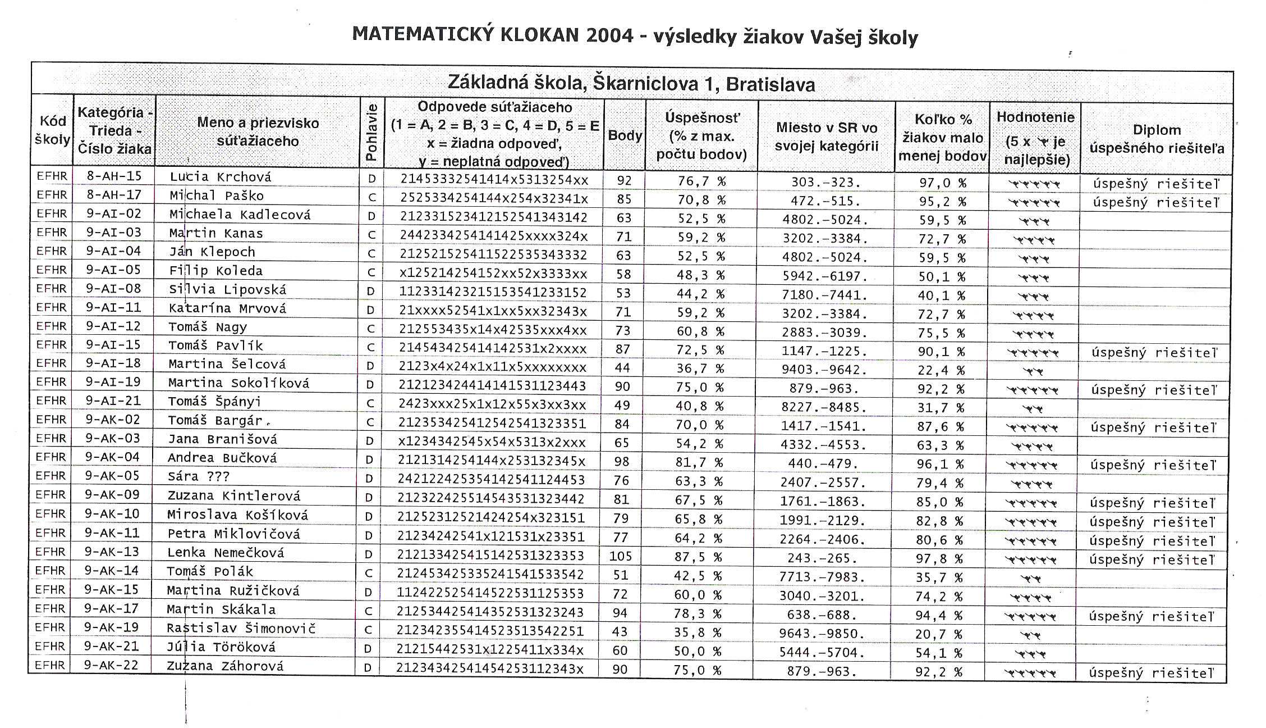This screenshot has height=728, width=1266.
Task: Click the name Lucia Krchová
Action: pyautogui.click(x=220, y=178)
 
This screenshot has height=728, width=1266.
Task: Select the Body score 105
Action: pyautogui.click(x=621, y=556)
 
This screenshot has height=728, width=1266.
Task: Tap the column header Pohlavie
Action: pyautogui.click(x=371, y=131)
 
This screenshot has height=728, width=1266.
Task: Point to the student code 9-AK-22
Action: pyautogui.click(x=111, y=665)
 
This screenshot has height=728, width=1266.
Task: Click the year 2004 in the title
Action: pyautogui.click(x=609, y=35)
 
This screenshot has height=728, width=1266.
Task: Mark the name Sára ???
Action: pyautogui.click(x=199, y=477)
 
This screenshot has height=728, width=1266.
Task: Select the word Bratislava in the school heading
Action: pyautogui.click(x=770, y=85)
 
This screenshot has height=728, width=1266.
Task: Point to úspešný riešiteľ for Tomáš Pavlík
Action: pyautogui.click(x=1154, y=353)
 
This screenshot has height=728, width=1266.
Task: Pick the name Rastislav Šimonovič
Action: pyautogui.click(x=241, y=628)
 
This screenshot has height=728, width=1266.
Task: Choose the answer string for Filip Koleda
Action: pyautogui.click(x=493, y=274)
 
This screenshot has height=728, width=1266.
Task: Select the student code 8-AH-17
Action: pyautogui.click(x=114, y=195)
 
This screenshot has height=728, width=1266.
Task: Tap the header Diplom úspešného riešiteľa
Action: pyautogui.click(x=1156, y=139)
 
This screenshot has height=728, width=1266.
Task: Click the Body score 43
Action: pyautogui.click(x=620, y=631)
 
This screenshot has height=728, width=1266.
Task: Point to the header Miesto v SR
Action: pyautogui.click(x=826, y=136)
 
